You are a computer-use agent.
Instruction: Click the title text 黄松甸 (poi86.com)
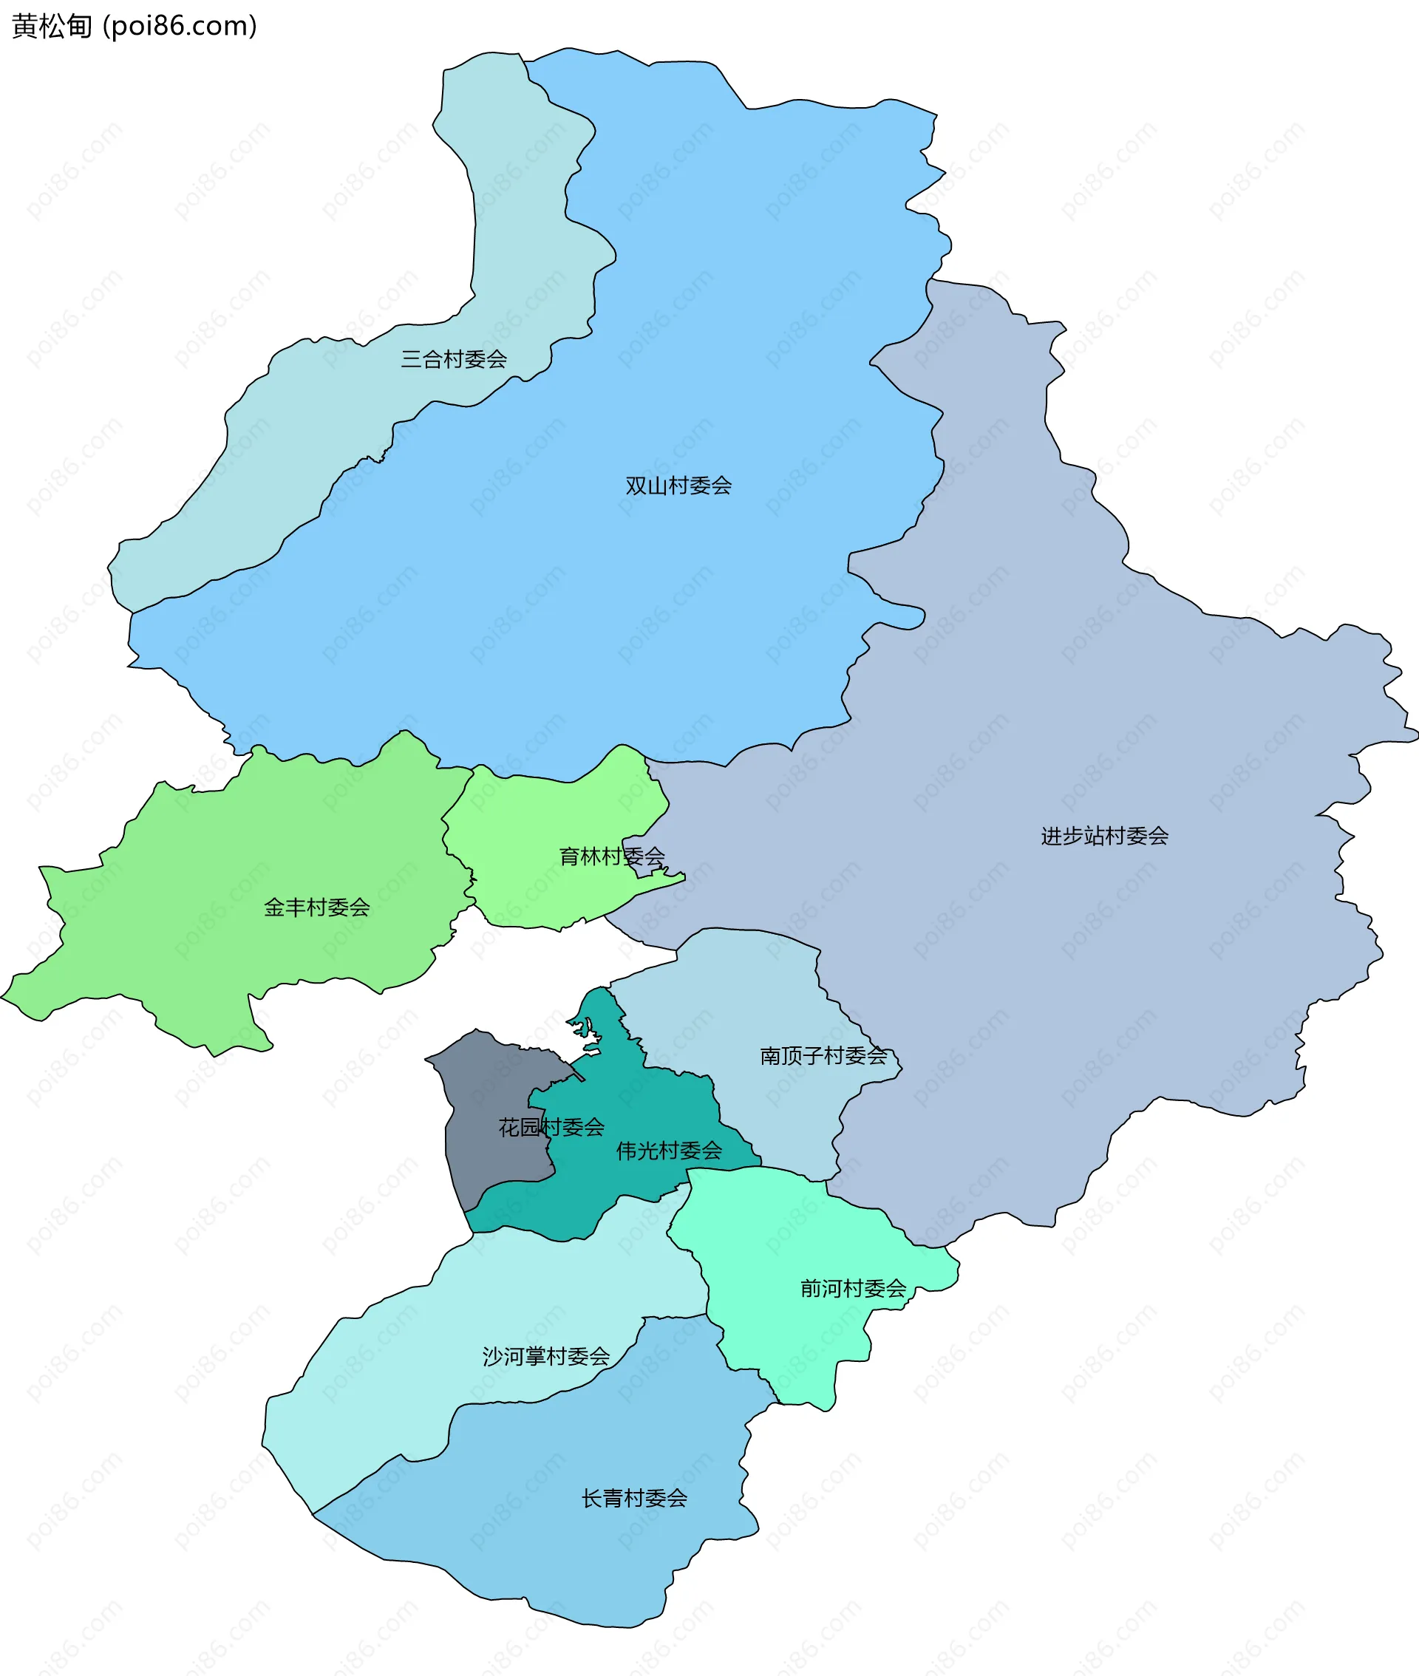[x=135, y=27]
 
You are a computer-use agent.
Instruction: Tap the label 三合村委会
[x=454, y=359]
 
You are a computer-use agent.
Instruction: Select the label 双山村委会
[x=678, y=486]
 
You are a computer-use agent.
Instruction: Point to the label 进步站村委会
[x=1103, y=837]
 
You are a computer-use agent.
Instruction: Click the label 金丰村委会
[x=317, y=908]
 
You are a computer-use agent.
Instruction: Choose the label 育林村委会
[x=611, y=856]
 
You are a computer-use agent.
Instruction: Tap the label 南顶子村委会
[x=823, y=1056]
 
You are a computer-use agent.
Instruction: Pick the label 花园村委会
[x=551, y=1128]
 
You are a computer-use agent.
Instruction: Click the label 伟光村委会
[x=668, y=1151]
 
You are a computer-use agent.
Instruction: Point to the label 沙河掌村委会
[x=545, y=1357]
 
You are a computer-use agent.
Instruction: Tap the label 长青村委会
[x=634, y=1498]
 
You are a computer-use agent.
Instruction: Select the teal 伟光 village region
[x=636, y=1110]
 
